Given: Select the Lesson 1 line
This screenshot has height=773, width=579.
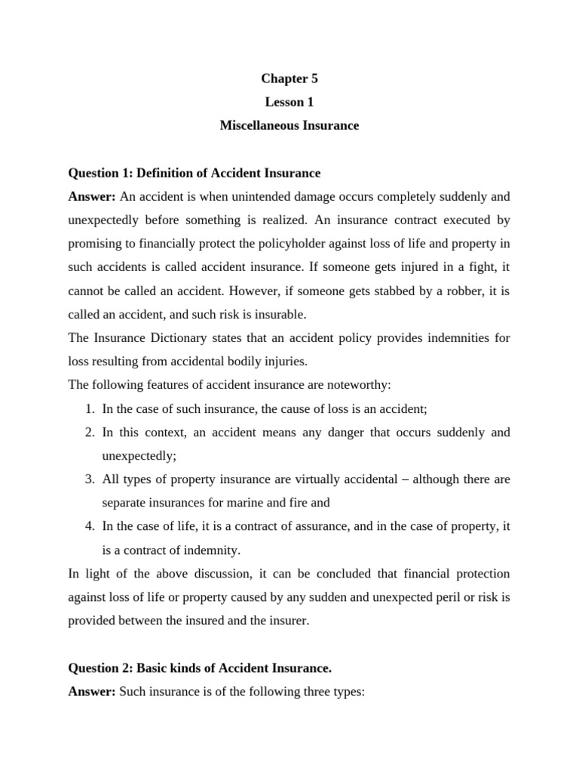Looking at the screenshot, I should pyautogui.click(x=289, y=102).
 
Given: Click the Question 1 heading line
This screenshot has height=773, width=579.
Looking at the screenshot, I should pyautogui.click(x=194, y=173).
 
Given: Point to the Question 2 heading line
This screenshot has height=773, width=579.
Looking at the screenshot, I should pyautogui.click(x=200, y=668).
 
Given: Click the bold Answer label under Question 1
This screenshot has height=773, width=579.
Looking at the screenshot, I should pyautogui.click(x=92, y=196).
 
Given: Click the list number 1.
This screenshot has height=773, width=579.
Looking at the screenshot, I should pyautogui.click(x=89, y=408).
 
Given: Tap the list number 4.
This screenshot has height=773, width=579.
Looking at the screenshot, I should pyautogui.click(x=89, y=526).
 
